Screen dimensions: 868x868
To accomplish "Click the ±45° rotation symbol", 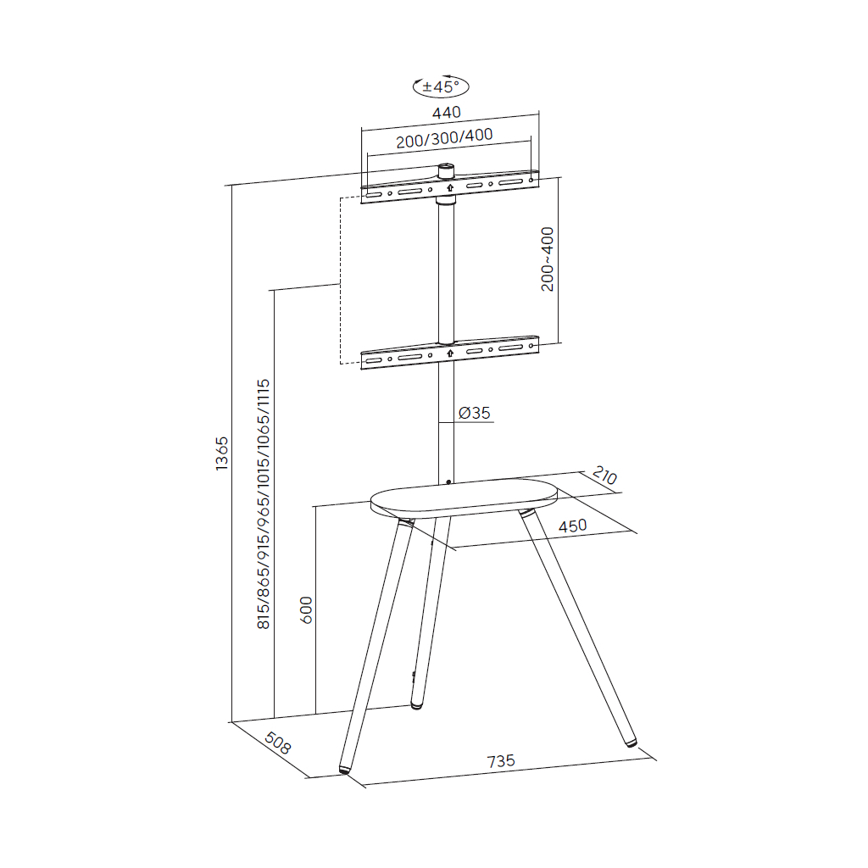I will click(x=440, y=86).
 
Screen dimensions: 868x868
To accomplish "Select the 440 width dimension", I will click(x=446, y=112).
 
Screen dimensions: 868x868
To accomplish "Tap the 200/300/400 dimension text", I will click(x=444, y=137).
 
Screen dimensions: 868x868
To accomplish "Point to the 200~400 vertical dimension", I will click(x=548, y=259).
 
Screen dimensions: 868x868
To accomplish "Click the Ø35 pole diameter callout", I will click(x=475, y=413).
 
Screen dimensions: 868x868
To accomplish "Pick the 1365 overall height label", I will click(x=222, y=453).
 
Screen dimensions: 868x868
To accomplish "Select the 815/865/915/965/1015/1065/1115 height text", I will click(x=264, y=504).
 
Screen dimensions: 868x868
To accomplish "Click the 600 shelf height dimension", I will click(x=307, y=609).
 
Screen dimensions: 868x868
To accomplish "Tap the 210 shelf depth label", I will click(x=604, y=476).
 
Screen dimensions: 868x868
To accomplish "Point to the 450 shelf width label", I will click(x=572, y=526).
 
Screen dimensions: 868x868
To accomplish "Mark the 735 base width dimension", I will click(x=501, y=761).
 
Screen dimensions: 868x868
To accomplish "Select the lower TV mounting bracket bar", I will click(x=449, y=353).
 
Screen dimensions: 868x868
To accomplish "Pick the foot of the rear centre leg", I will click(x=416, y=704).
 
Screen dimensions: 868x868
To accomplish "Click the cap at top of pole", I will click(x=446, y=170).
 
